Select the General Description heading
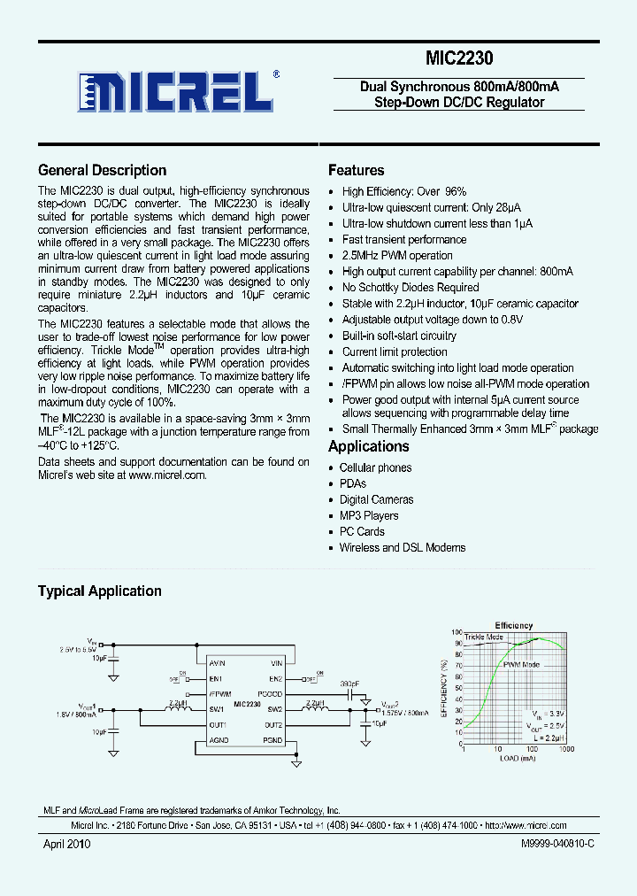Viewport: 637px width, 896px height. click(102, 171)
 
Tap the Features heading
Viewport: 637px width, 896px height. click(356, 171)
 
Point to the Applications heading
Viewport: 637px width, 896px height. click(368, 447)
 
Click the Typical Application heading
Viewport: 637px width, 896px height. click(99, 591)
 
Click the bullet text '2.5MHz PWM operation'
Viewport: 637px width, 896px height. click(397, 256)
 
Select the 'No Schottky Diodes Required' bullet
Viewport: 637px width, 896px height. click(411, 288)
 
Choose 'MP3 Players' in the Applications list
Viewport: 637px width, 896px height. click(369, 516)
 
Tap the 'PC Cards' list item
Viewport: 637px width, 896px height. click(362, 532)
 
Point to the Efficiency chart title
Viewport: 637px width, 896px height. click(513, 626)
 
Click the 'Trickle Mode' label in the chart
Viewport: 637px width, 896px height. click(483, 637)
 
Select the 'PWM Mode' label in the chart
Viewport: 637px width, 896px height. click(521, 664)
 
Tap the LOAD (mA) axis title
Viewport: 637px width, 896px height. click(517, 759)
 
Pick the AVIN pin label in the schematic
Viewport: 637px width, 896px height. click(218, 663)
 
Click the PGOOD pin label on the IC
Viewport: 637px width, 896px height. click(270, 694)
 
